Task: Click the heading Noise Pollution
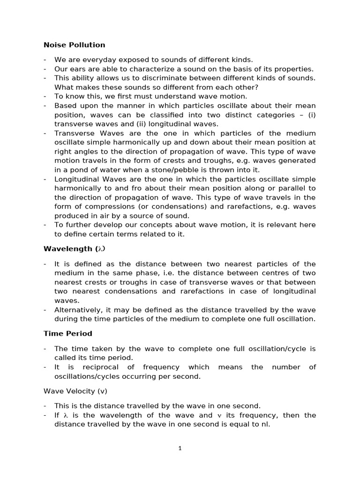tap(74, 45)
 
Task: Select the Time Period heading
tap(67, 334)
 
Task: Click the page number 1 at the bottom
tap(180, 448)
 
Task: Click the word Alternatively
tap(79, 310)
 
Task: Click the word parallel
tap(293, 188)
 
